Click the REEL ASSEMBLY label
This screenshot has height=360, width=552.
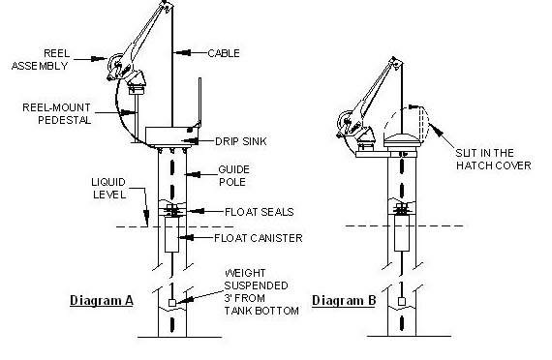pyautogui.click(x=40, y=59)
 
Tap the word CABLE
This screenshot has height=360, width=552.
pyautogui.click(x=224, y=53)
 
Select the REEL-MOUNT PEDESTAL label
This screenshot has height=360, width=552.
pyautogui.click(x=57, y=113)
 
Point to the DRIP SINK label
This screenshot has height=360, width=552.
pyautogui.click(x=241, y=141)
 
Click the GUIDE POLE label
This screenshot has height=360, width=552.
pyautogui.click(x=233, y=175)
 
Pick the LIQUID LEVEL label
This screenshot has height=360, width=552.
pyautogui.click(x=108, y=189)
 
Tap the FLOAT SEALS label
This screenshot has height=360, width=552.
pyautogui.click(x=260, y=212)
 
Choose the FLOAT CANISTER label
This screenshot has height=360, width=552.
pyautogui.click(x=259, y=238)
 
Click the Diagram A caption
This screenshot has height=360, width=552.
pyautogui.click(x=102, y=301)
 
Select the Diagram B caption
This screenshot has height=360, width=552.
pyautogui.click(x=344, y=301)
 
